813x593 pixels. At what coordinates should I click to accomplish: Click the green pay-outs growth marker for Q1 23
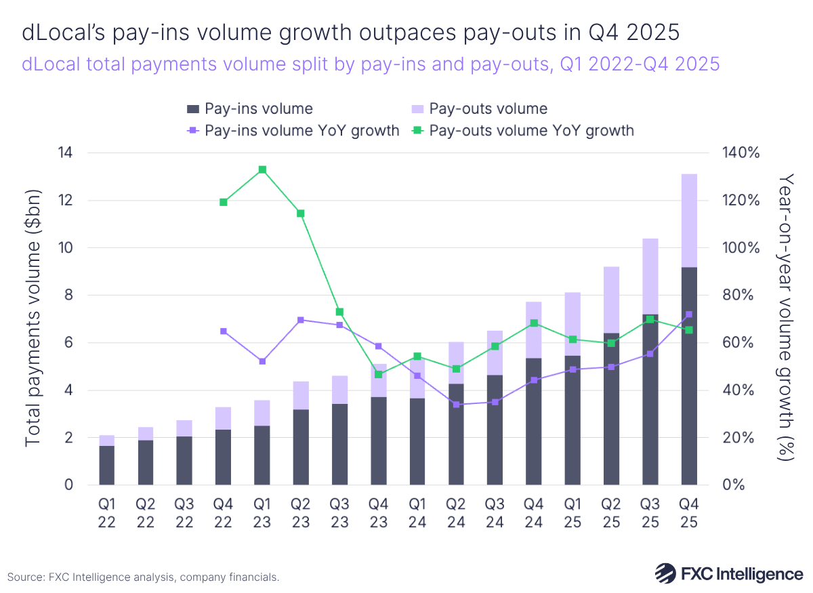262,170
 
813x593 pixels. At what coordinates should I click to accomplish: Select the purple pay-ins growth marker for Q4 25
689,314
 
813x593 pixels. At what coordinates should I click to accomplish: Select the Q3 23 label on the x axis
340,515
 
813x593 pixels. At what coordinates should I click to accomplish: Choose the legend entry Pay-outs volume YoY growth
531,131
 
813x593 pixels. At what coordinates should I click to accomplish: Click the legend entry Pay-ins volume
258,109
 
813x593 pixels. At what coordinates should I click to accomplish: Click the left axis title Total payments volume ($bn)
33,319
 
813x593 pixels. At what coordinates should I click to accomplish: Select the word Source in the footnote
25,577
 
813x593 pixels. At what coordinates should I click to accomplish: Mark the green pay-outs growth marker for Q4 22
223,202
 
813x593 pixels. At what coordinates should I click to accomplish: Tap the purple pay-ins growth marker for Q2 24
457,405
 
